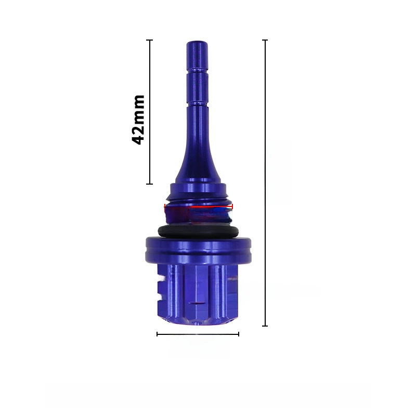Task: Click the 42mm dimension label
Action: [138, 120]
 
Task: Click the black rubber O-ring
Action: [198, 231]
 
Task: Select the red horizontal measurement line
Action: [199, 206]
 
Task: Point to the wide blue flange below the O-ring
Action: [198, 249]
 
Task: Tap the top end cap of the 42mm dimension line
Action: [150, 40]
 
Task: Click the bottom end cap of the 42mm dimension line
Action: [150, 184]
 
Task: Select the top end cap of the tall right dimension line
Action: [265, 40]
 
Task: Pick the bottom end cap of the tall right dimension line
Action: [265, 326]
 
